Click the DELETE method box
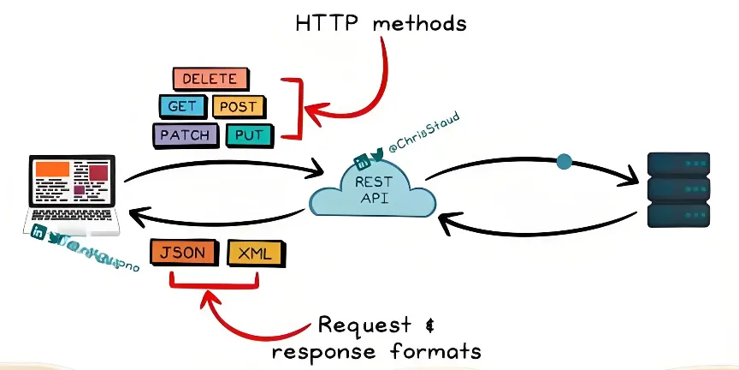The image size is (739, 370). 210,80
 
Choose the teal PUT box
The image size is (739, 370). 249,134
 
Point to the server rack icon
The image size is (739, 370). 678,189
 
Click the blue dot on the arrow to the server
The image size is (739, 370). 564,160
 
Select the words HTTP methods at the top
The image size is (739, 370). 381,22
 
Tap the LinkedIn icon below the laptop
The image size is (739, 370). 38,232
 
